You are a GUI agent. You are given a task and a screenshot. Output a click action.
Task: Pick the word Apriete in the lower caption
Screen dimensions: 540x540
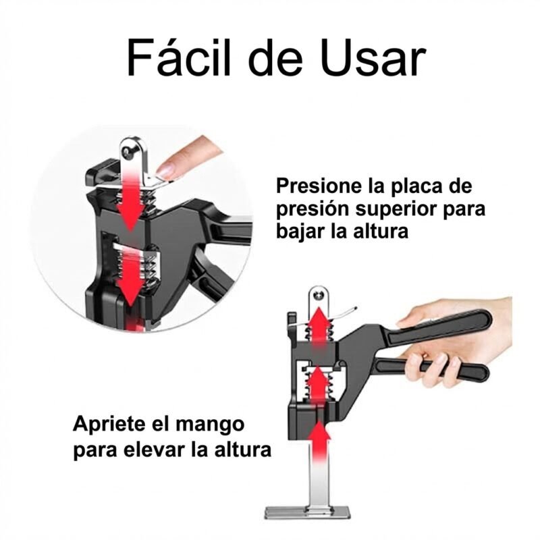point(109,425)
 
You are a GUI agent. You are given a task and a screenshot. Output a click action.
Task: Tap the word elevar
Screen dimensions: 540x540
point(156,450)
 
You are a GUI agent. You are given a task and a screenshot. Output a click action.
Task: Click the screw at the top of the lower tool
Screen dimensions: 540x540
point(319,296)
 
